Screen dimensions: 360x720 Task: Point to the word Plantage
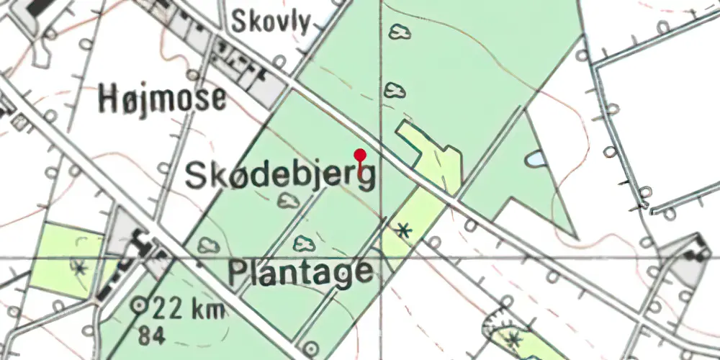(x=301, y=273)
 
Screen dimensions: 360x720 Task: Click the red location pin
(x=360, y=155)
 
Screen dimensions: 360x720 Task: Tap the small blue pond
(x=536, y=159)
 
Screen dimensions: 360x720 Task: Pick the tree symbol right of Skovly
(x=397, y=32)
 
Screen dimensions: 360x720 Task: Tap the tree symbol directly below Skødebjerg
(x=290, y=202)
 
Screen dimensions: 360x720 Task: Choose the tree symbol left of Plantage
(x=209, y=245)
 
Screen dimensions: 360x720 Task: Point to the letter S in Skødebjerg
(x=197, y=176)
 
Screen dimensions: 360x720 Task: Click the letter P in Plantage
(x=239, y=273)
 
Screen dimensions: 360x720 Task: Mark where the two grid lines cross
(x=381, y=257)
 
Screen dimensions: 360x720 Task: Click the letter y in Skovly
(x=305, y=25)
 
